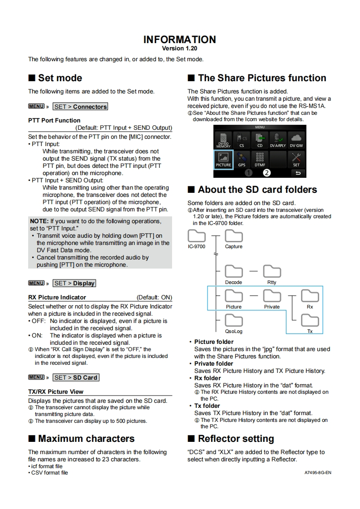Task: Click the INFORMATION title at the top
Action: coord(180,39)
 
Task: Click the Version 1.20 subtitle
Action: coord(180,48)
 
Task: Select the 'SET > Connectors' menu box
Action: coord(80,107)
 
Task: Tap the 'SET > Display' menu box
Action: coord(74,283)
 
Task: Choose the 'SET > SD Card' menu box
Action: coord(75,377)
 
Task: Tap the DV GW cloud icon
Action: coord(296,139)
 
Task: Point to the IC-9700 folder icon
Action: coord(197,236)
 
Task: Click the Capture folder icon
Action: coord(234,236)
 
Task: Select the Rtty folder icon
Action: coord(272,272)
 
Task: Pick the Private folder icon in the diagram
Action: coord(272,296)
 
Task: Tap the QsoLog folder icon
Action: coord(234,321)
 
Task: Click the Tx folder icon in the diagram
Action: coord(310,321)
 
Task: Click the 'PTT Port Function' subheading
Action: coord(54,120)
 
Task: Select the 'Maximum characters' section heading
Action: coord(86,439)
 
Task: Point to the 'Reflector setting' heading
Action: coord(236,439)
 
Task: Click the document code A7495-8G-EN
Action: coord(318,473)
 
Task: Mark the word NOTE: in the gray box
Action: coord(39,221)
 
